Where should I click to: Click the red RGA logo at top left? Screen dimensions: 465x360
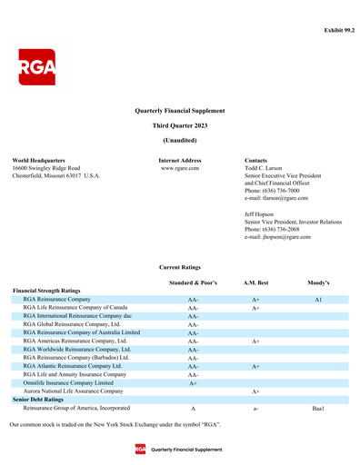(x=37, y=67)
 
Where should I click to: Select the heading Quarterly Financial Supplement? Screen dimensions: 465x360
(x=179, y=109)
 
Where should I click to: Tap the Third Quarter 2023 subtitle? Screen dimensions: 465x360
(x=179, y=124)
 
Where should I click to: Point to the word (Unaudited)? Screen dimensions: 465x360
(x=179, y=140)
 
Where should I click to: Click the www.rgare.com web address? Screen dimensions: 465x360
(x=179, y=168)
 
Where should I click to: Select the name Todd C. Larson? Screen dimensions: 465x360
(x=267, y=168)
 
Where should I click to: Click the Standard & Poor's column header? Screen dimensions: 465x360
(x=193, y=283)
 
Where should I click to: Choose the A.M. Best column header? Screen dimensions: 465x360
(x=256, y=283)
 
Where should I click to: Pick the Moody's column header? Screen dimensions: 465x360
(x=318, y=283)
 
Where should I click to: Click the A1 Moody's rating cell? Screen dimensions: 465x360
(x=318, y=299)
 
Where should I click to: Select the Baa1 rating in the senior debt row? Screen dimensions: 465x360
(x=318, y=409)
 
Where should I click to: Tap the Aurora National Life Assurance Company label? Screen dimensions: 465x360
(x=73, y=391)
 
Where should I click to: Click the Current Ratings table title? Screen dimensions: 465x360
(x=179, y=268)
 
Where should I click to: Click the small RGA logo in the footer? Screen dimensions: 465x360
(x=141, y=450)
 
